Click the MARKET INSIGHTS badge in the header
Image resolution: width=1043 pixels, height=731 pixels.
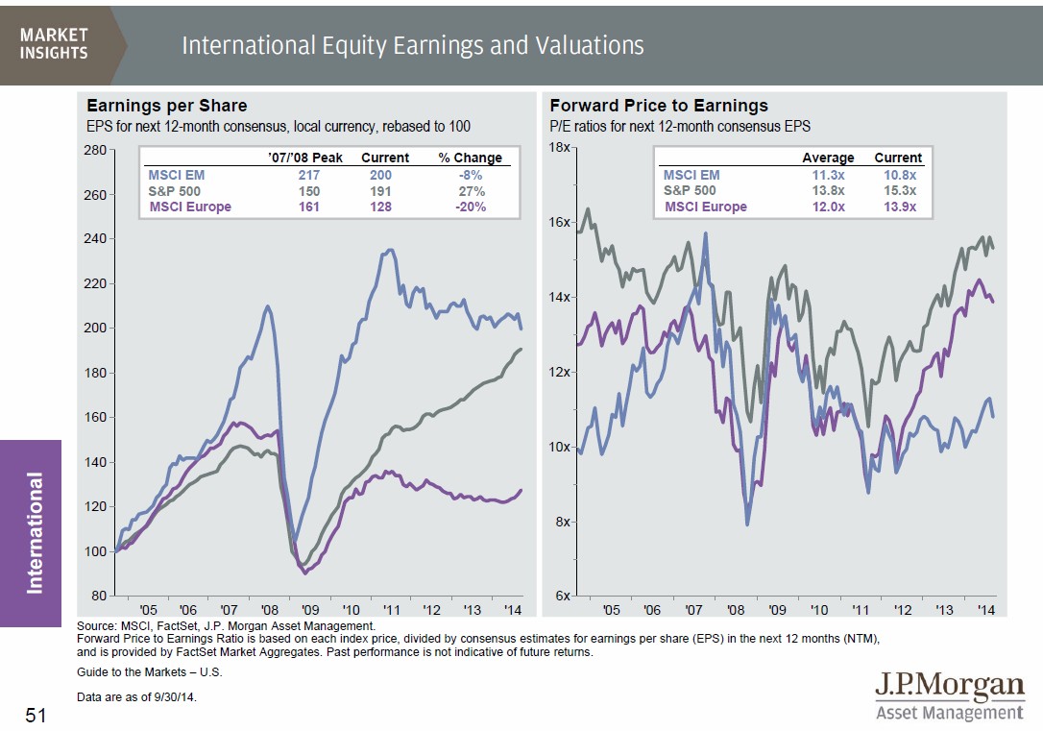pyautogui.click(x=54, y=43)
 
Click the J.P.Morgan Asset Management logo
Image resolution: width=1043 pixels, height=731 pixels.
pyautogui.click(x=949, y=696)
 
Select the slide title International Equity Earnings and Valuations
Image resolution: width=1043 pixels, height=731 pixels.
pyautogui.click(x=412, y=45)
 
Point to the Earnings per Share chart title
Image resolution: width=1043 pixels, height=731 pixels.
pyautogui.click(x=167, y=106)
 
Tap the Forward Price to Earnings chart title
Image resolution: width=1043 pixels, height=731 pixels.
pyautogui.click(x=659, y=106)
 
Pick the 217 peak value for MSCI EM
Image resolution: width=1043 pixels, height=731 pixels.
pyautogui.click(x=308, y=176)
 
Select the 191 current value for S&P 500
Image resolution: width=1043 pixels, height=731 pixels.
pyautogui.click(x=380, y=191)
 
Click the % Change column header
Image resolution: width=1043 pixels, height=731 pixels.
pyautogui.click(x=470, y=158)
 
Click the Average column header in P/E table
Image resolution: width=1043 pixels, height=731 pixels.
pyautogui.click(x=828, y=158)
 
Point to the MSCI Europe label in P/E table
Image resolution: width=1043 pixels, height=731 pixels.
pyautogui.click(x=705, y=207)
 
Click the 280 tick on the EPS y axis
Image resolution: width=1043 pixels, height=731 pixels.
pyautogui.click(x=94, y=150)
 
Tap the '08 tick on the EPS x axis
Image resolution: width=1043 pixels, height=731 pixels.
pyautogui.click(x=270, y=610)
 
